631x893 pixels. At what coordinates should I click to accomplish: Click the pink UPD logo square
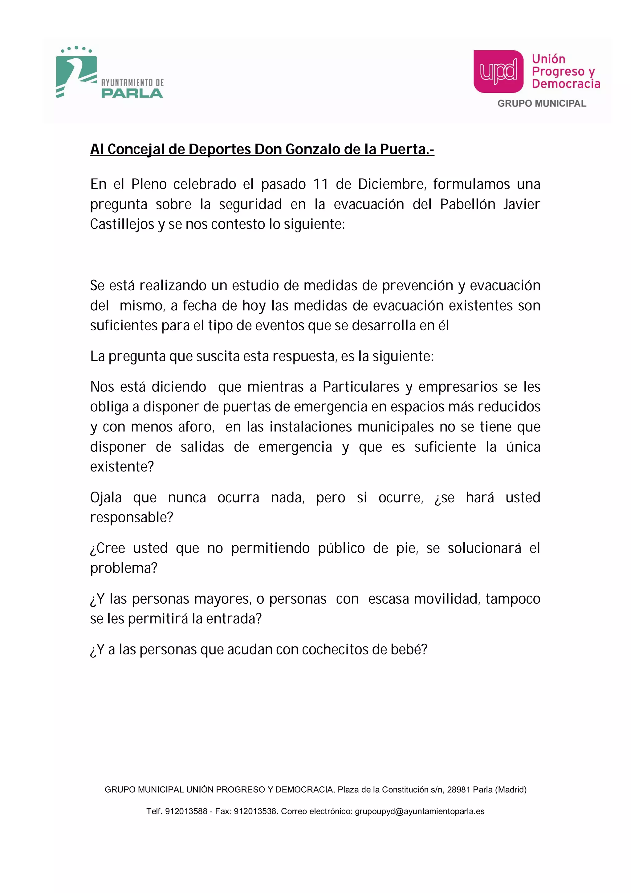(499, 71)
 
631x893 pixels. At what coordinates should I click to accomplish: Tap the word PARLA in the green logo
(132, 93)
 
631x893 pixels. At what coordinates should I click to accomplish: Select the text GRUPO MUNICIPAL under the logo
(542, 104)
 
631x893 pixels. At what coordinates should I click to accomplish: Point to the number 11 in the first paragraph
(321, 184)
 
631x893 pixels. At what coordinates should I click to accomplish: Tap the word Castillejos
(122, 224)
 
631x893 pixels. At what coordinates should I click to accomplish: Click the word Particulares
(361, 387)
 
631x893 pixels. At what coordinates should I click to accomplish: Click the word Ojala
(106, 498)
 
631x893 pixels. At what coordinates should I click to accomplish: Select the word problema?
(124, 568)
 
